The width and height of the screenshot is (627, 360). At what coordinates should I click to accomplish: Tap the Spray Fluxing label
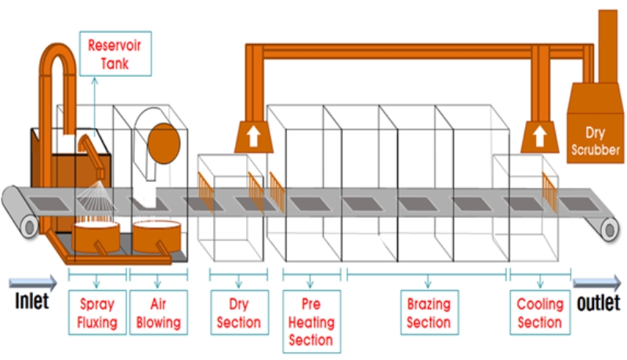click(x=97, y=312)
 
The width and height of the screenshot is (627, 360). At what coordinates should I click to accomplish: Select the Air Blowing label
click(x=158, y=312)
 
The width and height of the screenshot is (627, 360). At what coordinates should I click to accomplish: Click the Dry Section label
click(x=238, y=312)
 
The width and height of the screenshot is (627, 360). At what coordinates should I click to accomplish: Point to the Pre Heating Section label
click(x=311, y=321)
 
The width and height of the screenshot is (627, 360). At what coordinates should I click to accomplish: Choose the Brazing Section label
click(x=428, y=312)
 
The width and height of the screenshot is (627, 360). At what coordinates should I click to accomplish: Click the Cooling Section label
click(x=540, y=312)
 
